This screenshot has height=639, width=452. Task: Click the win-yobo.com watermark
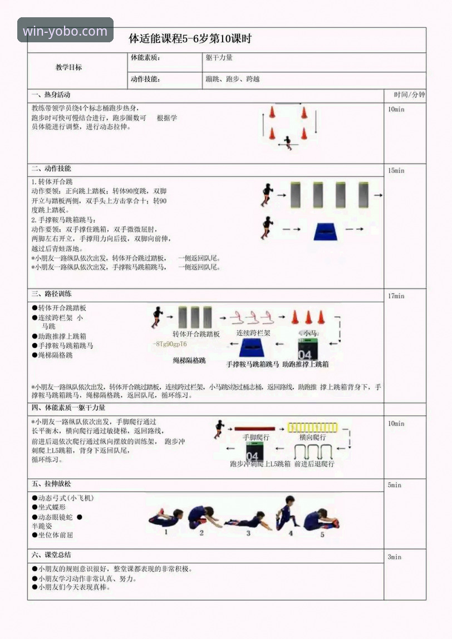click(x=65, y=31)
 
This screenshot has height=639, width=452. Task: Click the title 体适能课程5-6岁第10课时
click(x=190, y=40)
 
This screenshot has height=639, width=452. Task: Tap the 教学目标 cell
click(x=69, y=67)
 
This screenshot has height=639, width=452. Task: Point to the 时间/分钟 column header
click(x=409, y=95)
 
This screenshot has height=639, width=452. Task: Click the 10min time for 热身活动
click(x=396, y=110)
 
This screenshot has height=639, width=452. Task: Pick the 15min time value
click(x=396, y=171)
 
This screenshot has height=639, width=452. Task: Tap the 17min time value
click(x=396, y=296)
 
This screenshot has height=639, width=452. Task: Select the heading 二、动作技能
click(x=51, y=169)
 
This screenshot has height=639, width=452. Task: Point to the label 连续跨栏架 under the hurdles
click(x=253, y=333)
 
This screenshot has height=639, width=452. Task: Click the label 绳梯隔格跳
click(x=189, y=361)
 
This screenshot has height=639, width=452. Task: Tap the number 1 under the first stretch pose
click(x=165, y=532)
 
